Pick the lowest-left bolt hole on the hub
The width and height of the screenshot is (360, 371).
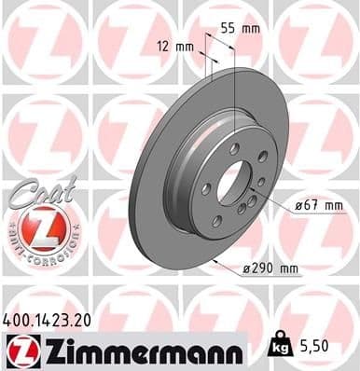(216, 220)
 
